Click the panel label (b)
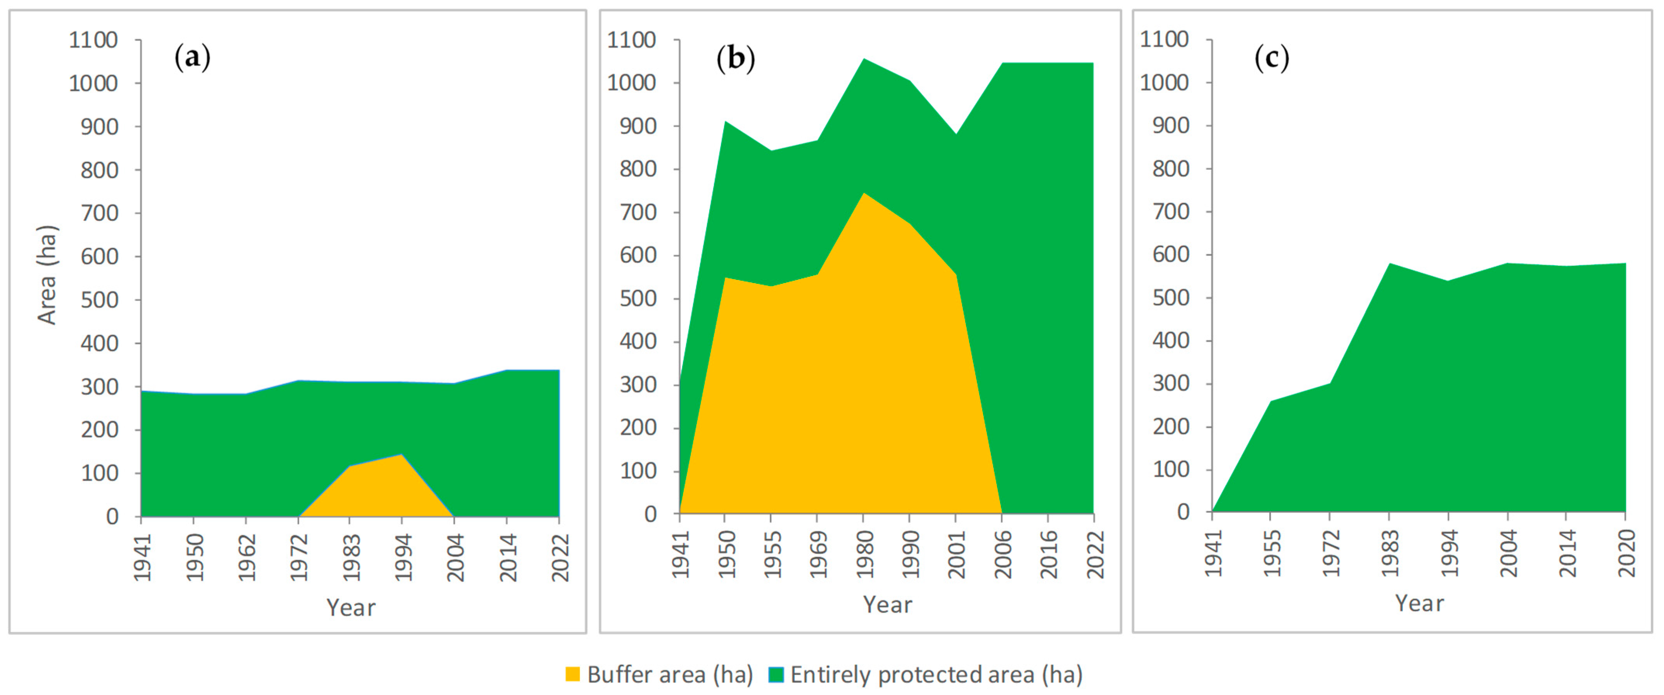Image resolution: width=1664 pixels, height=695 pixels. pos(736,58)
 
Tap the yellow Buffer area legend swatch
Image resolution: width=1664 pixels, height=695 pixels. pos(572,674)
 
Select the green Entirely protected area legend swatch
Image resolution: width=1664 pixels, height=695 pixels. pos(776,674)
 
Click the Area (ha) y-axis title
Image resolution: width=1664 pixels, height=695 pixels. pos(47,274)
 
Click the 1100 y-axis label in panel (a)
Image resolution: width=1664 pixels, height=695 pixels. pos(94,40)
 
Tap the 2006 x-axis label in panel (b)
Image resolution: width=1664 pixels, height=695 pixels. pos(1002,554)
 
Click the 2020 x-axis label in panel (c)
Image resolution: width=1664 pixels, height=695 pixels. pos(1626,553)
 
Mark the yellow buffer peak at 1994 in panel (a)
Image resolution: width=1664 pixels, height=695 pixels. pos(402,455)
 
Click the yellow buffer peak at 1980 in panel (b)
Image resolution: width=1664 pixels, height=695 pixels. pos(864,193)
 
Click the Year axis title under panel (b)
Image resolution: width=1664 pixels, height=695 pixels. pos(888,605)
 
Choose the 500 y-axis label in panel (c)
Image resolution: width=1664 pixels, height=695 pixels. pos(1171,298)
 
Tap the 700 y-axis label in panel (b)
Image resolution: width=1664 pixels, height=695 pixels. pos(638,212)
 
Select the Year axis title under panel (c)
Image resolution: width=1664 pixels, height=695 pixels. pos(1419,603)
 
